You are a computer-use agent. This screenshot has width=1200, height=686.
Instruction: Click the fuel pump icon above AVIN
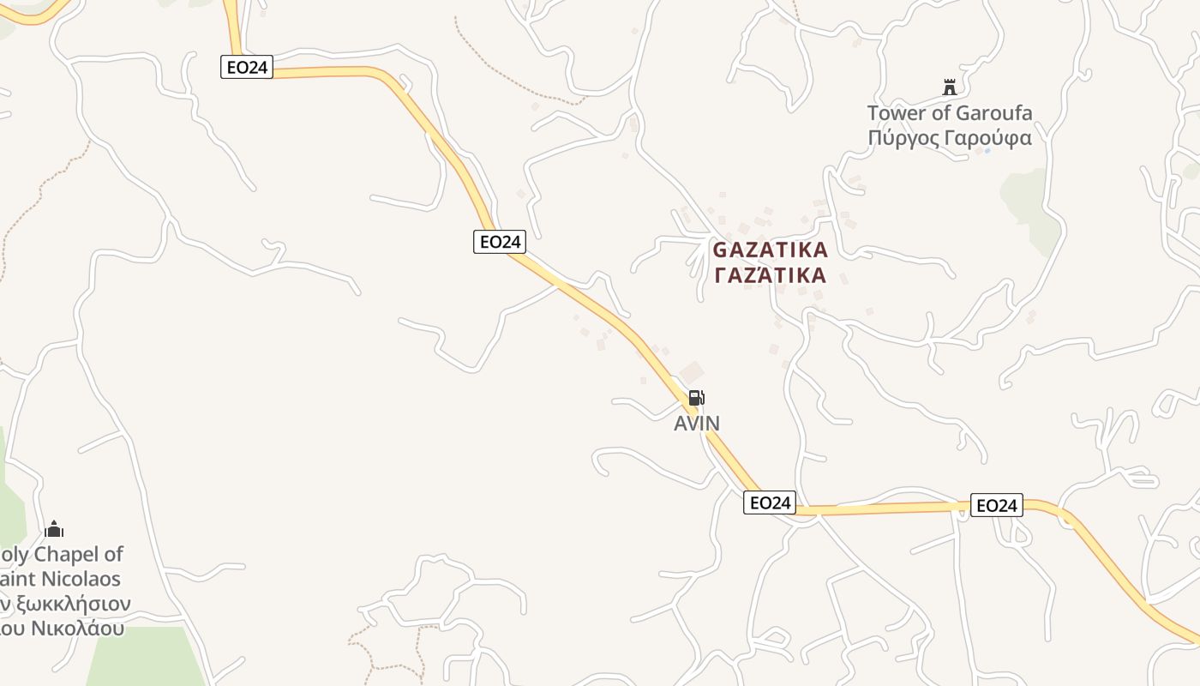click(x=696, y=398)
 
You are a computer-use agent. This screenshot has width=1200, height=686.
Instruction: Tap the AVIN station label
click(x=697, y=423)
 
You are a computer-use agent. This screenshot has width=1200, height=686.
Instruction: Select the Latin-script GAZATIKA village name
click(x=771, y=250)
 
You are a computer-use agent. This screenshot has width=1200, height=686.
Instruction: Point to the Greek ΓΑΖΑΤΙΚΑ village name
click(x=771, y=275)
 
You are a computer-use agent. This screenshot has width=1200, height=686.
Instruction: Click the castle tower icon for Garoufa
click(x=949, y=87)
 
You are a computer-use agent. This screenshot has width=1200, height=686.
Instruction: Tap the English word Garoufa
click(x=994, y=113)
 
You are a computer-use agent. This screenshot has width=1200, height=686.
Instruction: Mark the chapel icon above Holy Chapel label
click(x=54, y=529)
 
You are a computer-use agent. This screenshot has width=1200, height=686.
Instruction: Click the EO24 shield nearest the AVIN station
click(x=770, y=502)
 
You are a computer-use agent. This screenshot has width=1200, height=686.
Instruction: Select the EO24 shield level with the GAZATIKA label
click(x=500, y=242)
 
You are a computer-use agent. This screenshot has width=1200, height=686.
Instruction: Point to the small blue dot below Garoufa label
click(x=987, y=152)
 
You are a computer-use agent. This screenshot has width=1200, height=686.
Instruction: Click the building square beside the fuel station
click(x=691, y=373)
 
